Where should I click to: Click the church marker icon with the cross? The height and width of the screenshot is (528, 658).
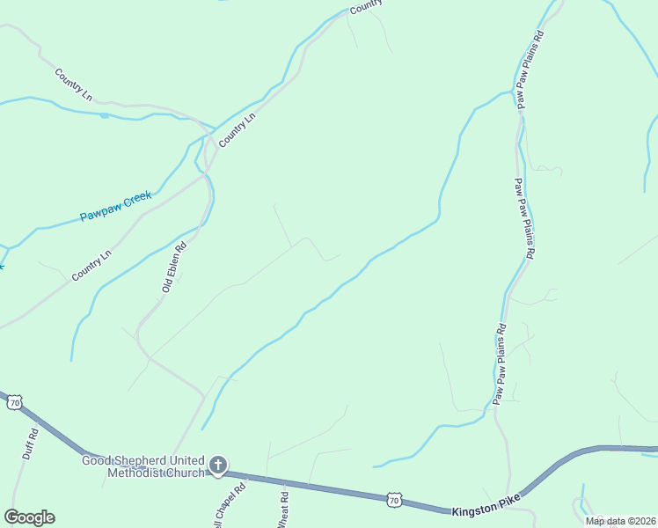(218, 465)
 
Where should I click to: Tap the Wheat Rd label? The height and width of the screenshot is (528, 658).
(283, 510)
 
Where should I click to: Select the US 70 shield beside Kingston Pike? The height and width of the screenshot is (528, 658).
(395, 500)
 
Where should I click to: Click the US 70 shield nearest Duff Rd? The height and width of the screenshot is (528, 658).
(13, 402)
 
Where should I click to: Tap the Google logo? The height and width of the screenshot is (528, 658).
(29, 517)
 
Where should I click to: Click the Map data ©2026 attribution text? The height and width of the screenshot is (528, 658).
(620, 521)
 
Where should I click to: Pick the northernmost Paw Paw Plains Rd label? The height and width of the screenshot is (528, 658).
(533, 70)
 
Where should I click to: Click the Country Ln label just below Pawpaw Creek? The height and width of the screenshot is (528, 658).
(92, 266)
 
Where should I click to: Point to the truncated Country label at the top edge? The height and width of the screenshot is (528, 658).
(367, 6)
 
